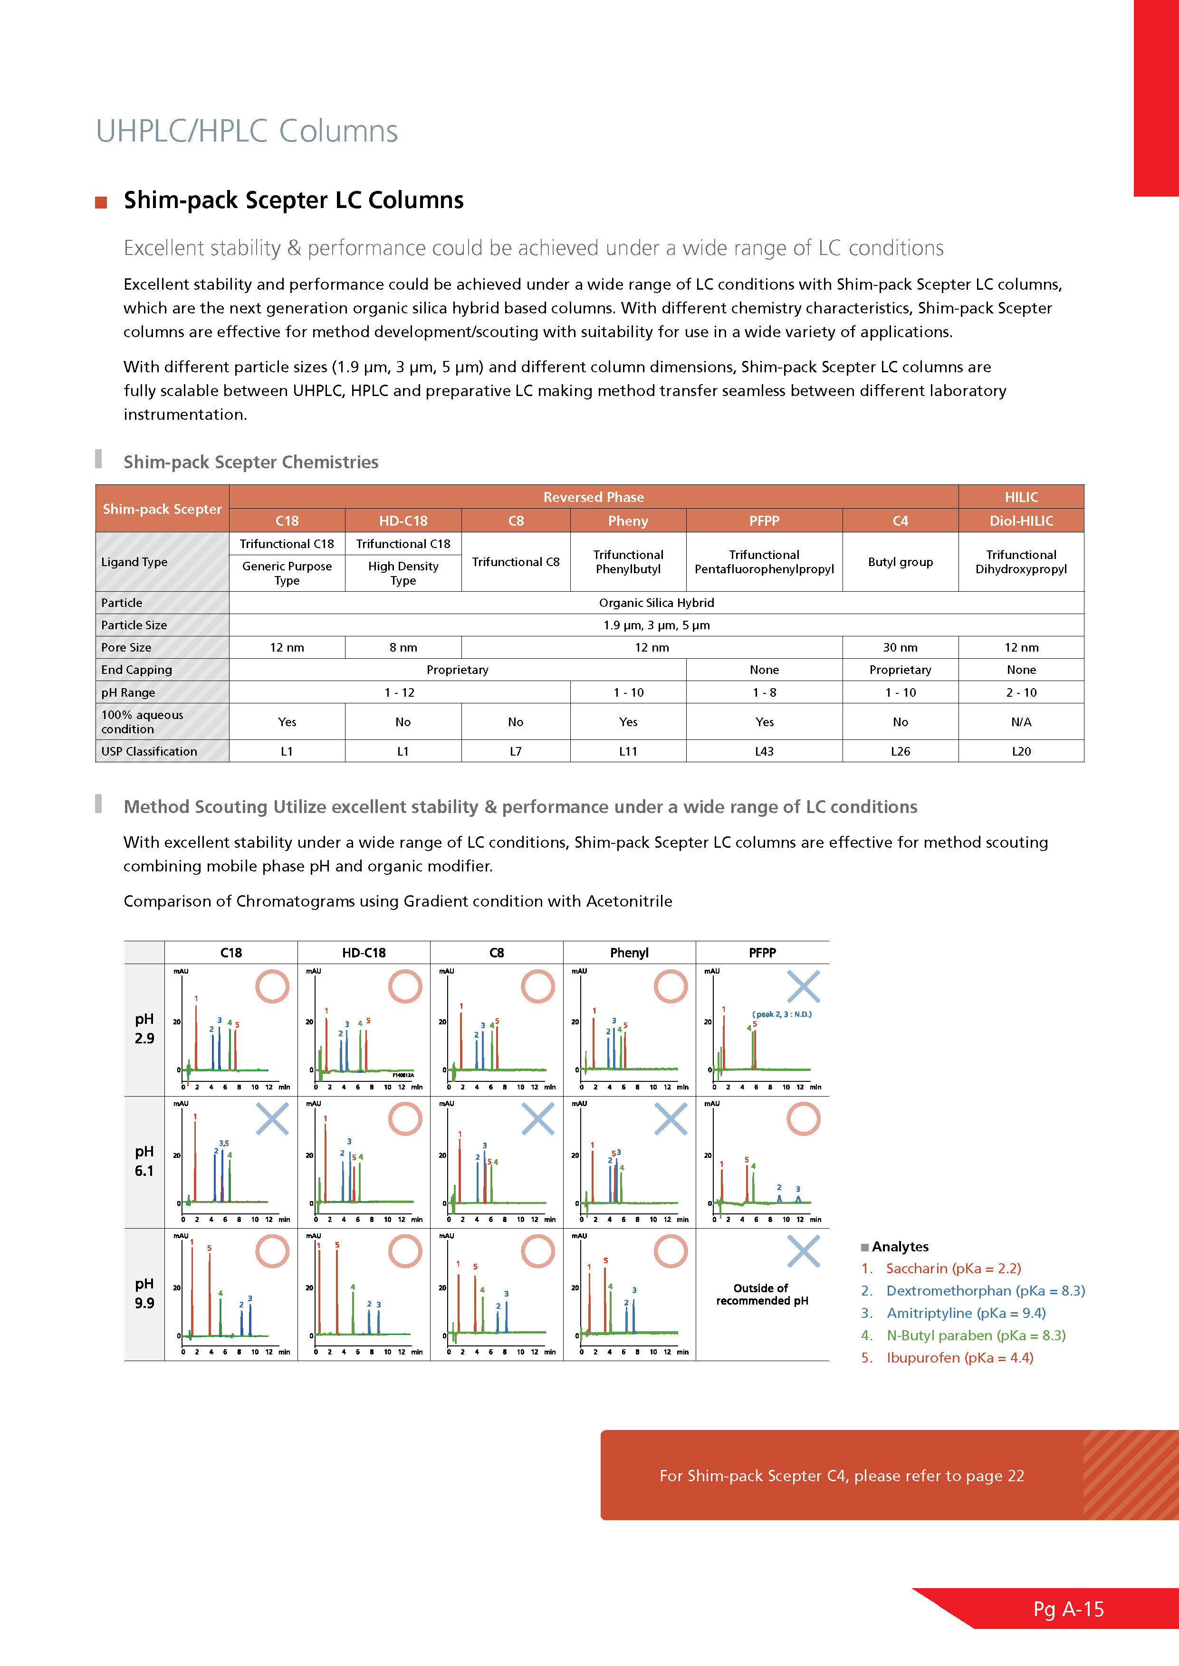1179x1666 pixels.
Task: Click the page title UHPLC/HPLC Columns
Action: click(247, 132)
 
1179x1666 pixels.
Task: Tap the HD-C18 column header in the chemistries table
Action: click(403, 521)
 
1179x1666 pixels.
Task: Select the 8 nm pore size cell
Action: click(403, 647)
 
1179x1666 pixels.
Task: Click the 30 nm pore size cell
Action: click(900, 647)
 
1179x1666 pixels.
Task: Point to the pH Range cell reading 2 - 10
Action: click(1021, 692)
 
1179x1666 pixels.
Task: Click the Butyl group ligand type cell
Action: click(900, 562)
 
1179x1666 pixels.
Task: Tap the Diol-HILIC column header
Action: click(1021, 521)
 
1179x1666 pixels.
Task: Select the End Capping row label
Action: click(136, 670)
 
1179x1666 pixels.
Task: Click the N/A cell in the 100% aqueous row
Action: click(1021, 722)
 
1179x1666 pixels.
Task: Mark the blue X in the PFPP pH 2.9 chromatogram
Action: click(803, 987)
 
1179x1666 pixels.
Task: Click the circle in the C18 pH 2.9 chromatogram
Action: click(272, 987)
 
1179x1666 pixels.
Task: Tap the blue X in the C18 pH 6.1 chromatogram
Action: click(272, 1119)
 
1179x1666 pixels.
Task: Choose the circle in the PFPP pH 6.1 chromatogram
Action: click(803, 1119)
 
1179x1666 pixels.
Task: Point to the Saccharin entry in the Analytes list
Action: click(952, 1268)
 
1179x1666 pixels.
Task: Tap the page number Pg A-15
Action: click(1068, 1609)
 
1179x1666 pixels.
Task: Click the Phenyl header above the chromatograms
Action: click(629, 953)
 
